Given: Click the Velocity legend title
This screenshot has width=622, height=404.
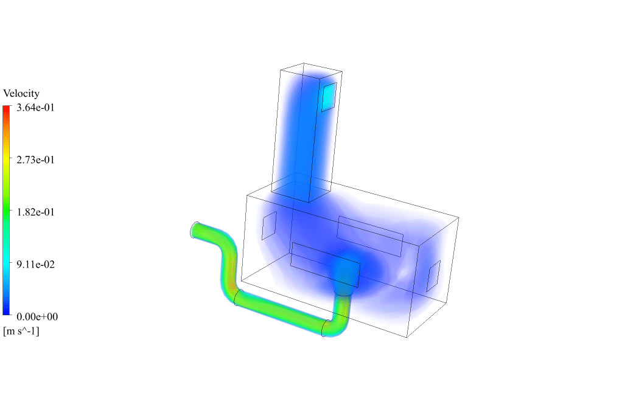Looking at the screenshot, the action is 21,94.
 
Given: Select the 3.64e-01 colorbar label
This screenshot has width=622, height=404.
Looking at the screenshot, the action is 36,108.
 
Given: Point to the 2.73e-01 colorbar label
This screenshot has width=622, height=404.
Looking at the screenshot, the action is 36,160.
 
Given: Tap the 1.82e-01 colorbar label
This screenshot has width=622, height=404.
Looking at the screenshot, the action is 36,212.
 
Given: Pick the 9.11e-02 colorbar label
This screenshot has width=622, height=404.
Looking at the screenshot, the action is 36,265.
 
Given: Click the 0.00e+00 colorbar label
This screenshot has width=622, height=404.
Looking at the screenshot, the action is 37,317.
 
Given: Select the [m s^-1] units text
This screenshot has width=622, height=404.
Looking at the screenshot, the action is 21,331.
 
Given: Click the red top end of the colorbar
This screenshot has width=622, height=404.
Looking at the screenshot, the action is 6,107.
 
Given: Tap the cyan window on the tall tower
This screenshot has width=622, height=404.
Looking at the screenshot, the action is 329,97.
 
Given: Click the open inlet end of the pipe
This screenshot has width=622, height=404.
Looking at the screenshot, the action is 194,230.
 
